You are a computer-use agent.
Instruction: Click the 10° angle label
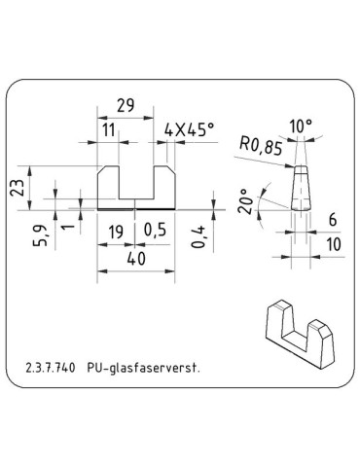(300, 127)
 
